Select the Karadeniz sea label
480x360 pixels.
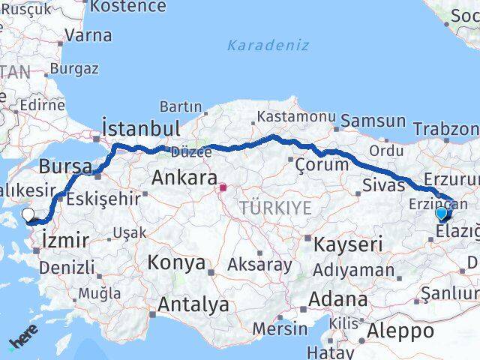tap(268, 45)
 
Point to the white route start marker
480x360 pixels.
tap(28, 214)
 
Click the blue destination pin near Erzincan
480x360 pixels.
tap(441, 214)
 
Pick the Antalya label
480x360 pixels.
tap(193, 304)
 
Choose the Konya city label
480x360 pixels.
tap(176, 262)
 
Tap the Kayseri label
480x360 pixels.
tap(348, 243)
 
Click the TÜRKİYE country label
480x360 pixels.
tap(275, 208)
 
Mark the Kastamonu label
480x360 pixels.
tap(295, 117)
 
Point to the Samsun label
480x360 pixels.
tap(373, 120)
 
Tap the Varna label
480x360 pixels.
tap(88, 35)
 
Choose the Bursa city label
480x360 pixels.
tap(65, 165)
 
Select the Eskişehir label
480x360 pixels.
tap(103, 199)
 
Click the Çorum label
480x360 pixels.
tap(322, 164)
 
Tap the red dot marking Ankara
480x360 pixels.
tap(223, 187)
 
